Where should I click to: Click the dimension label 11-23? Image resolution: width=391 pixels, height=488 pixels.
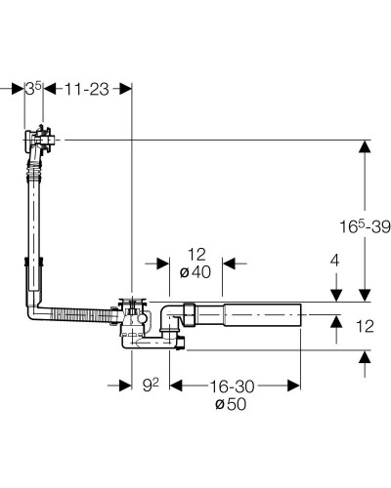[x=86, y=89]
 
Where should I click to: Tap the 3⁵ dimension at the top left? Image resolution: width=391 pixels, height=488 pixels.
[x=33, y=89]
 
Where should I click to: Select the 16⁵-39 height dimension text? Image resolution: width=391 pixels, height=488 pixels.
[x=365, y=226]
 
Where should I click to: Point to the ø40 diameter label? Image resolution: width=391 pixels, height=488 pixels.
[x=195, y=272]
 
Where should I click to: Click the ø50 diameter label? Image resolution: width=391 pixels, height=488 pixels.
[x=231, y=404]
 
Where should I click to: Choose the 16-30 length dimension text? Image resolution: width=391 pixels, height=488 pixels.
[x=232, y=386]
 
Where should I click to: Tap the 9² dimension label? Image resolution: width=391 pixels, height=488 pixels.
[x=151, y=386]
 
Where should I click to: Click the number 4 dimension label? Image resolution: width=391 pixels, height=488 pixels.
[x=334, y=261]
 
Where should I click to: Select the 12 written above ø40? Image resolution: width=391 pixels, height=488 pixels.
[x=196, y=255]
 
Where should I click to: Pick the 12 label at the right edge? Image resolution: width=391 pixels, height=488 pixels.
[x=365, y=326]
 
